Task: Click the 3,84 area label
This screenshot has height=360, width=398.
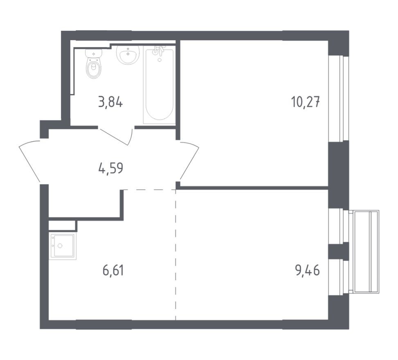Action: coord(110,101)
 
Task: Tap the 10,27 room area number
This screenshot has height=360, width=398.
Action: coord(305,101)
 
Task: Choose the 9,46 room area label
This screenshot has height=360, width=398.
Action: coord(307,270)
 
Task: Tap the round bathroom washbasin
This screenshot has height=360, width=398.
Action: coord(128,54)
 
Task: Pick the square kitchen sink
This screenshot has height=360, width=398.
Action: coord(63,246)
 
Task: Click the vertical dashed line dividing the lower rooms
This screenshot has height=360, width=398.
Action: coord(176,254)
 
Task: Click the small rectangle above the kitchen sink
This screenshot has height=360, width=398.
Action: coord(62,225)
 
